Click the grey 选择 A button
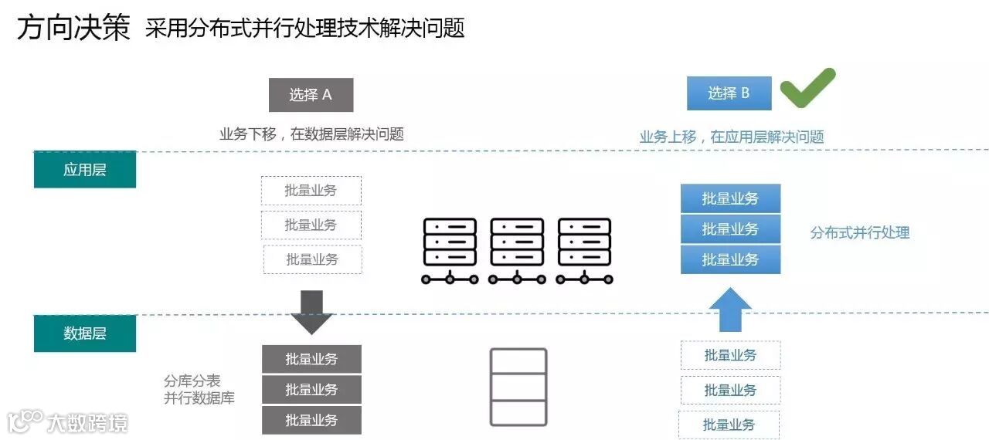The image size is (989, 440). tap(311, 95)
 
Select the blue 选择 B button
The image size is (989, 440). tap(729, 93)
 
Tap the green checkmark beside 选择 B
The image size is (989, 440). tap(807, 87)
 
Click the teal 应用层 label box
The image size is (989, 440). tap(85, 170)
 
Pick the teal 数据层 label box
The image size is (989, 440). tap(85, 333)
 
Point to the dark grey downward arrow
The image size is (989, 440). tap(311, 312)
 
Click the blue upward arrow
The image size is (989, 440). tap(730, 310)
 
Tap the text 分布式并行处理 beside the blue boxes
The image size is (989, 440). tap(859, 232)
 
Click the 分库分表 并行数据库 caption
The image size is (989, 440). tap(199, 390)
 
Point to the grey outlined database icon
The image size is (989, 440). tap(518, 387)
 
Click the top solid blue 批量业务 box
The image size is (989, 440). tap(730, 198)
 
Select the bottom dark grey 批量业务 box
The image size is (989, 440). tap(311, 420)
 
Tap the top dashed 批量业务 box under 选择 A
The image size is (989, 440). tap(311, 191)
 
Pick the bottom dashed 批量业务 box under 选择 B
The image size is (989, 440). tap(729, 425)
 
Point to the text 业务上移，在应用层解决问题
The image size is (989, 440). tap(732, 137)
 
